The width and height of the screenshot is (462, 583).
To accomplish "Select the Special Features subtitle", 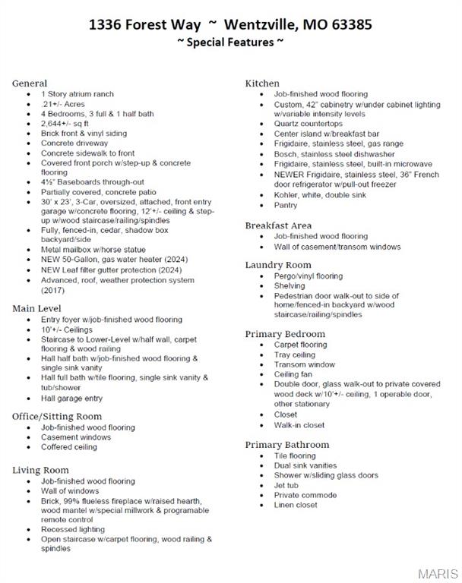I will (230, 43).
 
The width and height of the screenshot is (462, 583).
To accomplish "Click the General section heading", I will (30, 84).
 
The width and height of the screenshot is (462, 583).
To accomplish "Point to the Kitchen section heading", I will (262, 84).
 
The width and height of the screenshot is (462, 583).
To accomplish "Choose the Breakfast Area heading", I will (278, 225).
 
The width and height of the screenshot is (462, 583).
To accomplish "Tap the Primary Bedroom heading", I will (285, 334).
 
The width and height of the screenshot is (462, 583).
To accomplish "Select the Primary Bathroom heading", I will (287, 445).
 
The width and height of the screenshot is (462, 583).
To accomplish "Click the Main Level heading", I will (37, 309).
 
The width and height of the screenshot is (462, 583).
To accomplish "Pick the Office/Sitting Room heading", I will (57, 417).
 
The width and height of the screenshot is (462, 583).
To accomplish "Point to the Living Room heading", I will (40, 471).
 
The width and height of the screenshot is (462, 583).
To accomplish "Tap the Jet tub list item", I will (286, 485).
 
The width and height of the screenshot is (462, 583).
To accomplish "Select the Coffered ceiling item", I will (69, 447).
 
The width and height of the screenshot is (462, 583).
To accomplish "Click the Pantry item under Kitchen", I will (286, 205).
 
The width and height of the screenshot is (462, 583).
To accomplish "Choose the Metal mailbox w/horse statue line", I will (93, 250).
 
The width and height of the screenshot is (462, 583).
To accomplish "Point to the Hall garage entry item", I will (71, 398).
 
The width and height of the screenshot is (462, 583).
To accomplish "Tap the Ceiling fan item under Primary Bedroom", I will (293, 374).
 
